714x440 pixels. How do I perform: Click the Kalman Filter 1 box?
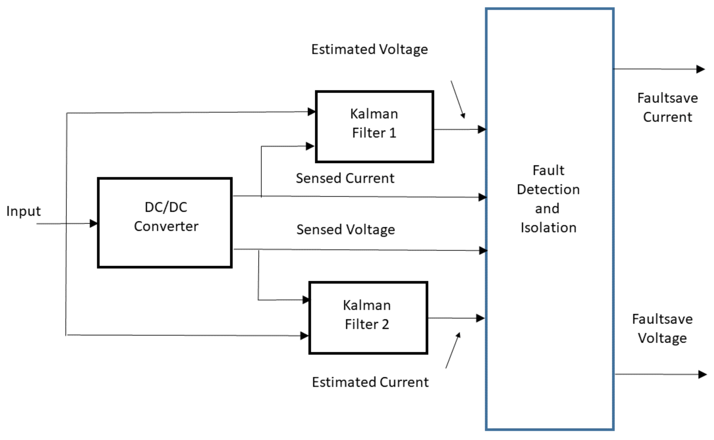(x=374, y=126)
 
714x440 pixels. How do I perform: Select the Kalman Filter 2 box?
(x=368, y=318)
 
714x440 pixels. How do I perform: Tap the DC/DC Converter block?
(x=165, y=223)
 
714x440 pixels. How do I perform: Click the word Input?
(x=23, y=211)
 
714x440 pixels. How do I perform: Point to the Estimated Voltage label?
(x=369, y=49)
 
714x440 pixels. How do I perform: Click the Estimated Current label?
(x=370, y=382)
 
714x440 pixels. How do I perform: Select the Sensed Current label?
(x=345, y=178)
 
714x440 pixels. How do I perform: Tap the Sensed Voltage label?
(x=346, y=229)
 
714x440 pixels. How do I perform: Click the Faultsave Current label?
(x=667, y=107)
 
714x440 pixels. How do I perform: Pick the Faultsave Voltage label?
(x=662, y=329)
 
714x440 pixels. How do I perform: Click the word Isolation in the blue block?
(x=549, y=228)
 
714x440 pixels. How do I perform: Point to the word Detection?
(x=548, y=190)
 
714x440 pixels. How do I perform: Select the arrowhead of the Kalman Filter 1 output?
(x=482, y=129)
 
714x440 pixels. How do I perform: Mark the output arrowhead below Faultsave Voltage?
(x=702, y=374)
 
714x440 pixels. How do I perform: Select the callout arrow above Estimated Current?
(x=453, y=350)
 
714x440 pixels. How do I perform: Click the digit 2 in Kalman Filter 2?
(x=385, y=324)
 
